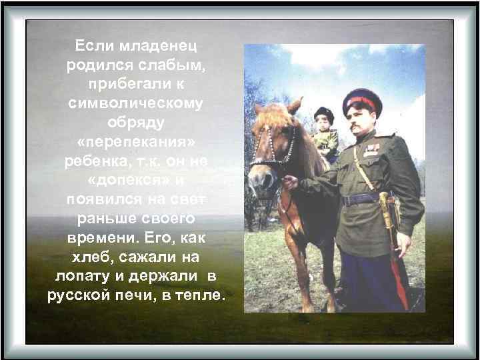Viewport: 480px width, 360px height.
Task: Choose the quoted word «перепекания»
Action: pos(137,143)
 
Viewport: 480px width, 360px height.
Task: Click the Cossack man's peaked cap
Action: pos(362,101)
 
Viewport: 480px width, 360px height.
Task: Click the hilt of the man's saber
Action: pos(385,200)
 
